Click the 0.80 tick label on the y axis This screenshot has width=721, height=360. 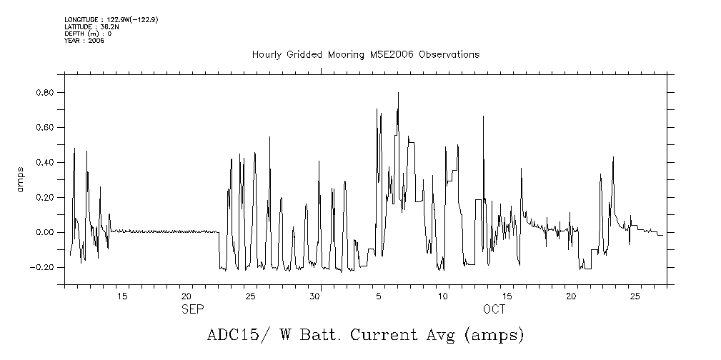(x=46, y=93)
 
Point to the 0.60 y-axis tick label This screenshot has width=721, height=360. (x=46, y=128)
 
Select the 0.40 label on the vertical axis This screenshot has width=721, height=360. (x=46, y=163)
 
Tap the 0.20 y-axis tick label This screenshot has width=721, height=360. (x=46, y=198)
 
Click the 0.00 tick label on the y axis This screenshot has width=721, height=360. (x=46, y=233)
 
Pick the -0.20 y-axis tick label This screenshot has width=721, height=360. (x=44, y=268)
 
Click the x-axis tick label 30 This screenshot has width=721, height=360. (x=314, y=296)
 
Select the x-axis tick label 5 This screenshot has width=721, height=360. (x=379, y=296)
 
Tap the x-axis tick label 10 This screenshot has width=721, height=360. (x=443, y=296)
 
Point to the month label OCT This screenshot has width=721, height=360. (x=494, y=309)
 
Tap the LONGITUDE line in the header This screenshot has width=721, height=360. (x=111, y=20)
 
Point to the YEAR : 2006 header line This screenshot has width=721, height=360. (x=84, y=41)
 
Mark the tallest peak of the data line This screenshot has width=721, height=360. (x=398, y=93)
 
